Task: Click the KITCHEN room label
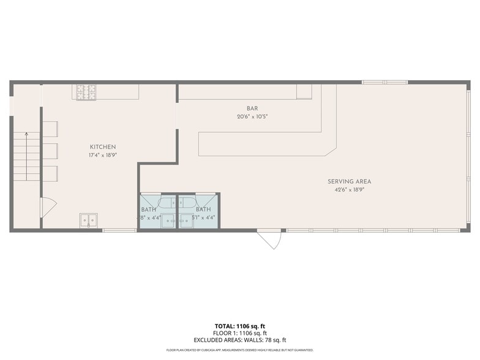(x=103, y=147)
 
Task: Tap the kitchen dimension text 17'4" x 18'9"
(x=103, y=155)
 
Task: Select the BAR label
(x=252, y=108)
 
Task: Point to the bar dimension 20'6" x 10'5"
(x=252, y=116)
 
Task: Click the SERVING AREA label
(x=349, y=181)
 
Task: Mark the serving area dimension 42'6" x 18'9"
(x=349, y=189)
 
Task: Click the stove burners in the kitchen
(x=86, y=92)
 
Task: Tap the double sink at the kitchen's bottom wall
(x=88, y=220)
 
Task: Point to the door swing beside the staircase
(x=48, y=208)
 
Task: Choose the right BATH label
(x=203, y=209)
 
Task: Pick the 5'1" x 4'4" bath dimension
(x=203, y=217)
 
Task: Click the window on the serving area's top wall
(x=384, y=82)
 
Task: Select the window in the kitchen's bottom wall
(x=119, y=230)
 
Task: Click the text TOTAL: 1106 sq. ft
(x=240, y=326)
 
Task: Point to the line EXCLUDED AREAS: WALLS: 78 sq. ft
(x=240, y=340)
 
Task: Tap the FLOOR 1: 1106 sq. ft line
(x=240, y=333)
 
